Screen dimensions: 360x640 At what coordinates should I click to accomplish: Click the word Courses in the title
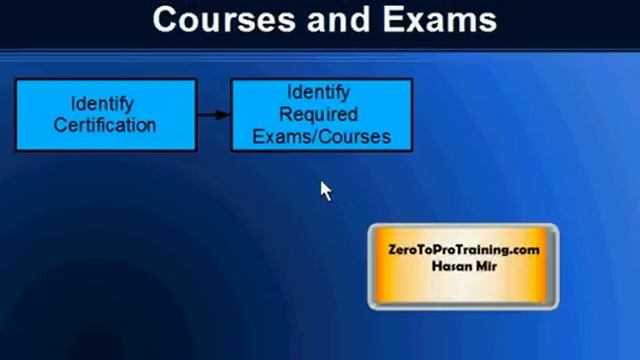214,19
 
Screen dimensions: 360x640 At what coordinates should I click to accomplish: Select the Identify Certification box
105,115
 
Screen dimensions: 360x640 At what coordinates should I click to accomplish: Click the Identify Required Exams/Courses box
321,115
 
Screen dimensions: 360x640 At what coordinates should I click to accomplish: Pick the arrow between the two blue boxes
213,114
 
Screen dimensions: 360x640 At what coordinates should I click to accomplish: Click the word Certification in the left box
105,126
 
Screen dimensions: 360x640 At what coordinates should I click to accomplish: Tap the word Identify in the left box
102,104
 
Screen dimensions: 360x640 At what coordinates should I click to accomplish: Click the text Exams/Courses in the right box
321,136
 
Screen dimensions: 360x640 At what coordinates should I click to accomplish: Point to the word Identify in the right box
318,93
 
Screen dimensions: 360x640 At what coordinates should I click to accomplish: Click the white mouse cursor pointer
325,190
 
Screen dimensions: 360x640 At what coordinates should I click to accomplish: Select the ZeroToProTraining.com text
463,250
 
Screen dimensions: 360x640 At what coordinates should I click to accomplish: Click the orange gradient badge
463,266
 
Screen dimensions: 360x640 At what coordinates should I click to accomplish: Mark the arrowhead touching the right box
225,114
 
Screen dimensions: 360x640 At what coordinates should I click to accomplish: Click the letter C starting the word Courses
166,19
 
